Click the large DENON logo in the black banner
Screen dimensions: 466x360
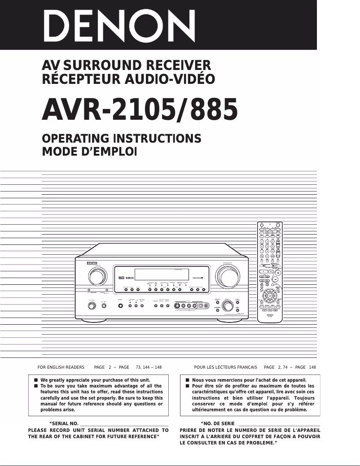pyautogui.click(x=121, y=25)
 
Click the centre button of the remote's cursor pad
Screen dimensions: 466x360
pyautogui.click(x=269, y=296)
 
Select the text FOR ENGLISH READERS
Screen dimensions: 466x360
pyautogui.click(x=61, y=367)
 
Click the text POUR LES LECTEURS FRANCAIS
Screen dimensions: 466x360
pyautogui.click(x=225, y=367)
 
